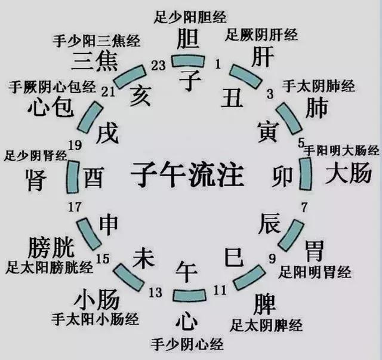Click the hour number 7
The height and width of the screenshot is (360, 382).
click(x=304, y=208)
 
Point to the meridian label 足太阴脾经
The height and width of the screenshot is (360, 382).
click(x=266, y=325)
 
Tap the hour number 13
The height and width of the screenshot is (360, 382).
click(x=155, y=292)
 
